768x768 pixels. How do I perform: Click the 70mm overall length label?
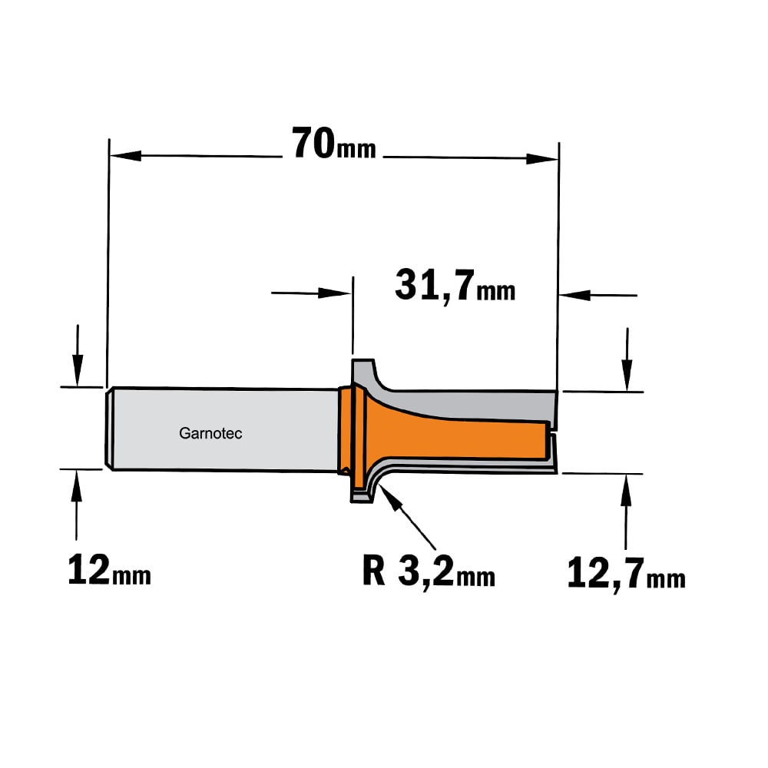[333, 144]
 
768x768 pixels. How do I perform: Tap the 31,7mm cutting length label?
[455, 286]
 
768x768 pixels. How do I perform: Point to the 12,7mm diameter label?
[626, 573]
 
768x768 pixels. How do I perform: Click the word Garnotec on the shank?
[210, 433]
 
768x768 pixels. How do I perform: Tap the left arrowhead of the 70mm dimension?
[125, 156]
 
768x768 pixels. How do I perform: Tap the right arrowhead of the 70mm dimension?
[542, 159]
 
